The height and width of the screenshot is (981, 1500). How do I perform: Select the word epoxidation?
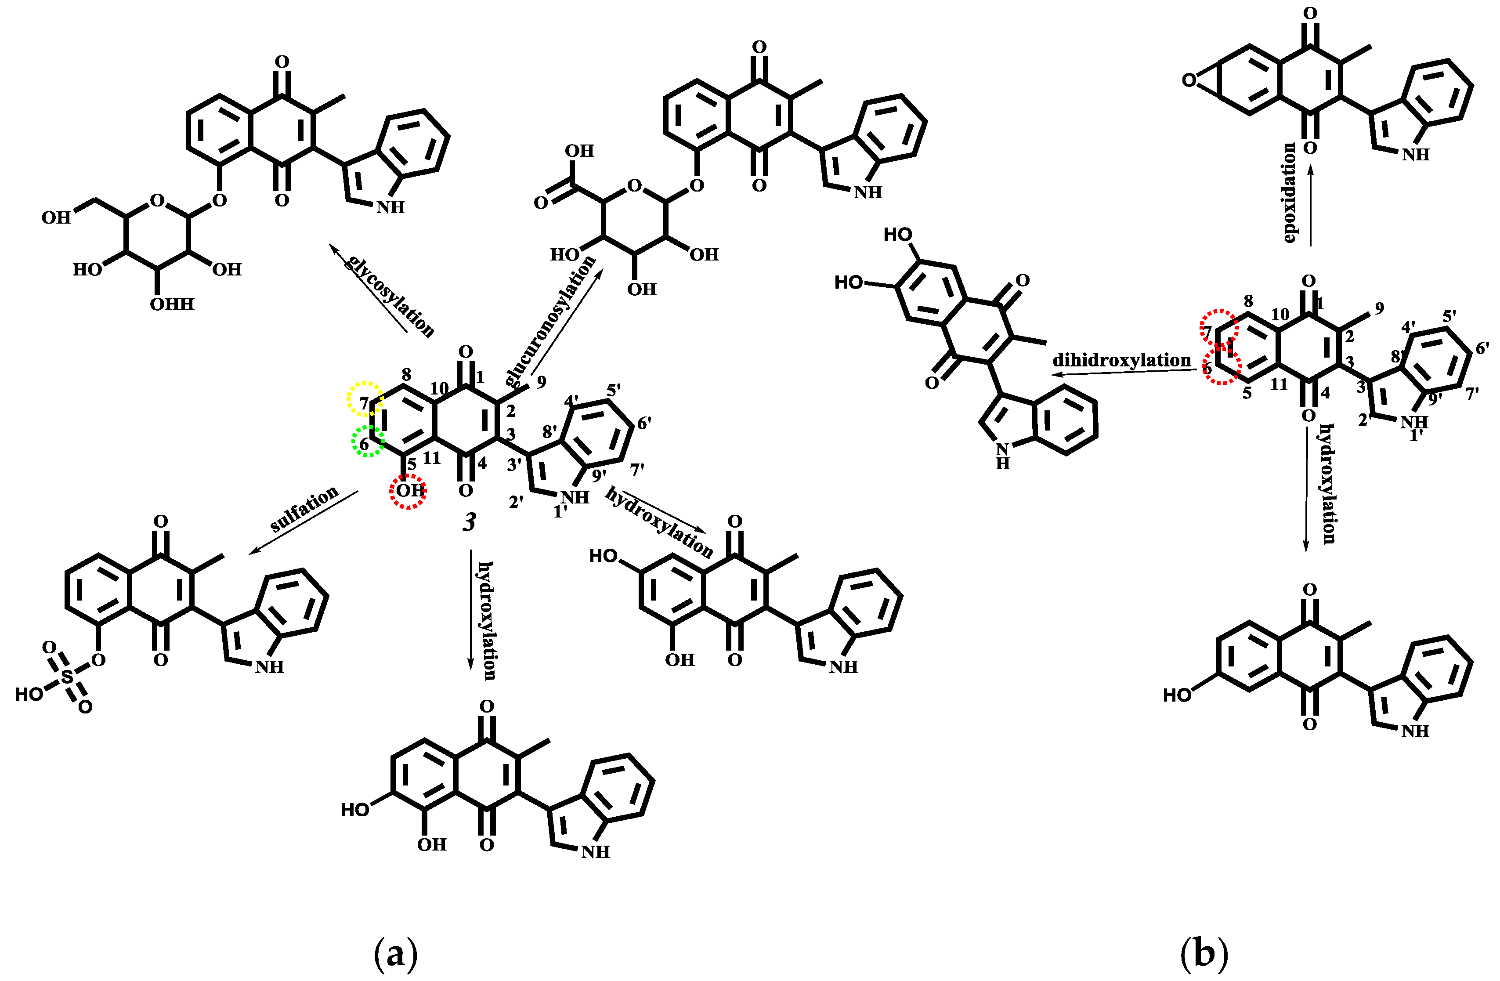tap(1289, 192)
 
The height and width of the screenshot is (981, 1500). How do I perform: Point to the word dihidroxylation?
tap(1122, 361)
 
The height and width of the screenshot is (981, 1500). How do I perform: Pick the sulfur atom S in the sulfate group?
tap(68, 677)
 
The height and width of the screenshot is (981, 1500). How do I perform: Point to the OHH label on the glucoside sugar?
tap(172, 304)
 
